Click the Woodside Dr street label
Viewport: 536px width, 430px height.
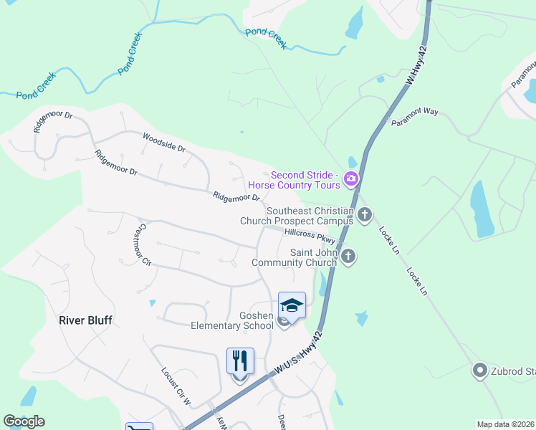[x=164, y=143]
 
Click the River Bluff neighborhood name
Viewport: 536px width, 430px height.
[x=85, y=320]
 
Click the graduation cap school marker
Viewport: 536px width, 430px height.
[x=292, y=306]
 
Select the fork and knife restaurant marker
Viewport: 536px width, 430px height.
[x=240, y=361]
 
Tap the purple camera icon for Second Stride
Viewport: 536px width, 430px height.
[x=351, y=179]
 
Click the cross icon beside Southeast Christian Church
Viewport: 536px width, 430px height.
[x=365, y=215]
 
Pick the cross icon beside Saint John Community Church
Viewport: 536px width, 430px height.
[x=348, y=256]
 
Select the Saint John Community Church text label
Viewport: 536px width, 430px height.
[x=294, y=257]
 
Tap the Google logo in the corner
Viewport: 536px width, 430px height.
[x=24, y=421]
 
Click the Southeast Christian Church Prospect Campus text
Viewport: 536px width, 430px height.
[x=297, y=216]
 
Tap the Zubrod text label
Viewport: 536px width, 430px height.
[x=513, y=371]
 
